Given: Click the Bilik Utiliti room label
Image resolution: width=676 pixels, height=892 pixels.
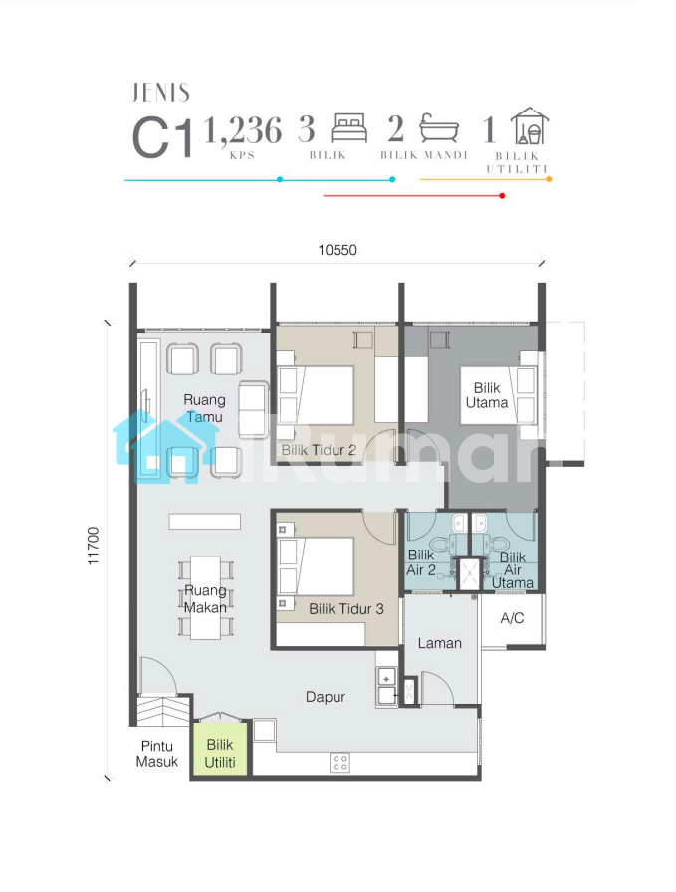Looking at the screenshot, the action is click(220, 753).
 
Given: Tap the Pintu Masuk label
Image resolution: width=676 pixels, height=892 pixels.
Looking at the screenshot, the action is click(157, 754).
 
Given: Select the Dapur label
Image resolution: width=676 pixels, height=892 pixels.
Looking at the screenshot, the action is click(326, 697).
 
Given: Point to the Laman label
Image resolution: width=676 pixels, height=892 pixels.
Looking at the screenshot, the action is click(439, 643).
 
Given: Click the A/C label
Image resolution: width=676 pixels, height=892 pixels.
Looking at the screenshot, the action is click(512, 618).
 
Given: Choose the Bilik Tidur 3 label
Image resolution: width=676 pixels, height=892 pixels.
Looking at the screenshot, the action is click(346, 609).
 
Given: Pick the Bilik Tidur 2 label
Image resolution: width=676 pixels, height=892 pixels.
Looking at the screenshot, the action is click(319, 450).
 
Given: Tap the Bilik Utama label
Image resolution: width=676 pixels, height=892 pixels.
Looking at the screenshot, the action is click(487, 395).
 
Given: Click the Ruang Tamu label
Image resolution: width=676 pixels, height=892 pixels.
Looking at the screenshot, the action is click(205, 408).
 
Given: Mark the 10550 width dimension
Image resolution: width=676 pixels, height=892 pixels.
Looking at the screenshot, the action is click(338, 250).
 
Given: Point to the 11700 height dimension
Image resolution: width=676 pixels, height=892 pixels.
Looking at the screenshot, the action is click(93, 547).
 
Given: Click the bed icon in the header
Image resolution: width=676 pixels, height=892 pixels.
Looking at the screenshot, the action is click(349, 128).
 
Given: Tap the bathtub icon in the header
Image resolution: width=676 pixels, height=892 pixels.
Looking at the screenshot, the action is click(439, 128).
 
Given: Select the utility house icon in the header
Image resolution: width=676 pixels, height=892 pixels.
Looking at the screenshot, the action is click(530, 125).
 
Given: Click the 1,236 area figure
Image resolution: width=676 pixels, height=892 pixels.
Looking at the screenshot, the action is click(243, 130).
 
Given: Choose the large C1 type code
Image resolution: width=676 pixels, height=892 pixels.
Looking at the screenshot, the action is click(162, 139).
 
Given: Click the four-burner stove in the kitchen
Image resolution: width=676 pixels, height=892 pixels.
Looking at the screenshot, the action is click(339, 763).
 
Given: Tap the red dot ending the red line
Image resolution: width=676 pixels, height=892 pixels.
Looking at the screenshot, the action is click(502, 196).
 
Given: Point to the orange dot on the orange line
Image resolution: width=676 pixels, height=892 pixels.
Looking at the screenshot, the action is click(549, 179).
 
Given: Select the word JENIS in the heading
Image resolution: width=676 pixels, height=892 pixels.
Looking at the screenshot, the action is click(161, 93).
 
